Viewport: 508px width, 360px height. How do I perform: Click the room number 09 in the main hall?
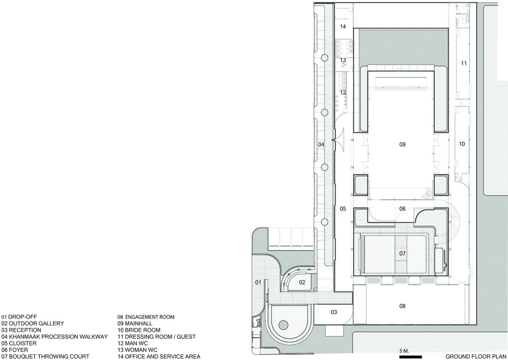[402, 144]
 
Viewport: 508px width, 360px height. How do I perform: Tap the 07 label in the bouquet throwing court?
[402, 253]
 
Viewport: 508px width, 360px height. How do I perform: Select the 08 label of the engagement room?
[402, 306]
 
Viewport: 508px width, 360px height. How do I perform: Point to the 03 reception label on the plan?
[334, 312]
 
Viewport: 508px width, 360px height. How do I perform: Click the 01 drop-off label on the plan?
[258, 282]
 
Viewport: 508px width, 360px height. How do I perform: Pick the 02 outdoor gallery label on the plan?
[302, 282]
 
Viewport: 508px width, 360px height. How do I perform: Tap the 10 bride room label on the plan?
[462, 144]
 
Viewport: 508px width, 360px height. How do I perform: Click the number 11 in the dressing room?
[464, 63]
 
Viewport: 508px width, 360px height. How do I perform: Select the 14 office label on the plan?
[343, 27]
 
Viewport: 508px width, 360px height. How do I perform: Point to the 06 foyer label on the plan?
[402, 208]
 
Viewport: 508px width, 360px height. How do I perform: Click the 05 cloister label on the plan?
[343, 208]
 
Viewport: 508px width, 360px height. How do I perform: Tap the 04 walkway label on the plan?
[321, 144]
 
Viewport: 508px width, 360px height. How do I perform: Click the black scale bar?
[411, 357]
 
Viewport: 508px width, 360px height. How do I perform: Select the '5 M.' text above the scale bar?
[404, 351]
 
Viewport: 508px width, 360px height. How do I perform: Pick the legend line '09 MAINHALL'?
[135, 323]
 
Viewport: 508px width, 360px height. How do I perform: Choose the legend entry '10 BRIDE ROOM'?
[139, 330]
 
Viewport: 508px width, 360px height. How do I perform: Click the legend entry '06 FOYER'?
[14, 350]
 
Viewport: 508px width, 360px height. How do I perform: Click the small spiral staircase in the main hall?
[427, 193]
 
